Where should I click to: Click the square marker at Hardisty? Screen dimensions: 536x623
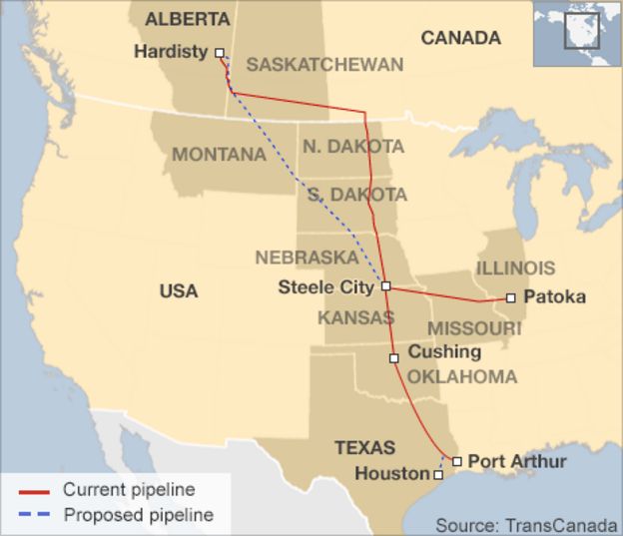[x=220, y=54]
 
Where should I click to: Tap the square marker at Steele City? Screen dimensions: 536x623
[x=385, y=286]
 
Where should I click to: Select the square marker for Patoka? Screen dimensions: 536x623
[x=510, y=297]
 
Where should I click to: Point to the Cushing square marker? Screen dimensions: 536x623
[x=394, y=356]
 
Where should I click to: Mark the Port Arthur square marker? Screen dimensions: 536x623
[x=456, y=461]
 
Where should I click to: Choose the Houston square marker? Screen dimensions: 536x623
[x=438, y=475]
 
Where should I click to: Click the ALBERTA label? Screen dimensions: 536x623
[x=187, y=19]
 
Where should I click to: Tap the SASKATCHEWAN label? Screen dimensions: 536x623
[x=324, y=65]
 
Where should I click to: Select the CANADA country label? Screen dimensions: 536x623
[x=460, y=38]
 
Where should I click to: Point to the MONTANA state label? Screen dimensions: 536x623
[x=219, y=155]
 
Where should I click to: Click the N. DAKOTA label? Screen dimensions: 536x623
[x=353, y=147]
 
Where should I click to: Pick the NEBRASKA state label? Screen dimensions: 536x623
[x=307, y=257]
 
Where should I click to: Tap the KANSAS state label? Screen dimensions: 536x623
[x=356, y=317]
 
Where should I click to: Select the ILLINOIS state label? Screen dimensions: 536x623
[x=515, y=268]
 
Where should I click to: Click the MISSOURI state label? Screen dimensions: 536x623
[x=474, y=328]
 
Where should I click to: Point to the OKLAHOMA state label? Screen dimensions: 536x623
[x=461, y=377]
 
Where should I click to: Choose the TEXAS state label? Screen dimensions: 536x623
[x=364, y=447]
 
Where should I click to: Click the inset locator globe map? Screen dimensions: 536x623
[x=576, y=33]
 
